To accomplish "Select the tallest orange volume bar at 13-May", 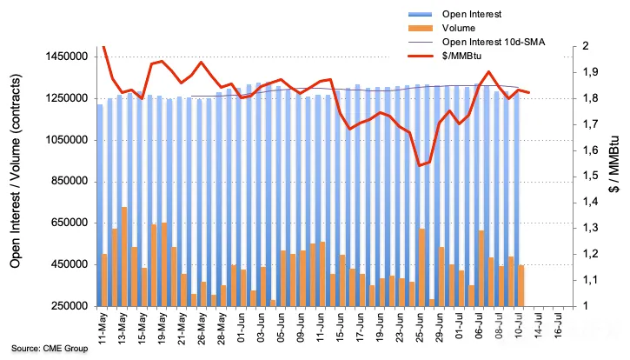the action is (x=124, y=257).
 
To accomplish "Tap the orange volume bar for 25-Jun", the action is (x=421, y=268).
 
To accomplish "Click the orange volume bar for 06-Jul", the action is (x=481, y=269).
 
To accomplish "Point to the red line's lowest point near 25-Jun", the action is (x=420, y=165).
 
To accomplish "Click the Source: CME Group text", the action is (x=50, y=349).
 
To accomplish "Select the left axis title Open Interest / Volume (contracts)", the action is (x=15, y=171).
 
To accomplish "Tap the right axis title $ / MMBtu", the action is (x=614, y=164).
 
